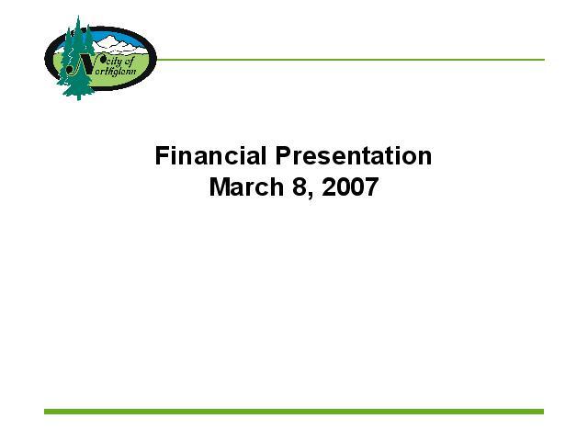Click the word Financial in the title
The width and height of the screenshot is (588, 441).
click(210, 155)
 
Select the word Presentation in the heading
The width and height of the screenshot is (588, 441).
click(354, 155)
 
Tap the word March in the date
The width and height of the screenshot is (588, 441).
click(246, 187)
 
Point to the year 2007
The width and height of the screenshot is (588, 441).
click(350, 187)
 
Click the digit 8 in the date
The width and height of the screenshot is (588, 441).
click(300, 187)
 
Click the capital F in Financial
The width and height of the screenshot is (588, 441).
click(162, 155)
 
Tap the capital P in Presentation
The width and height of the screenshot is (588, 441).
click(284, 155)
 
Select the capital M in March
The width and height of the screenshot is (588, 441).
click(220, 187)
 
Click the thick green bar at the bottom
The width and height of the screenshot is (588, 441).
click(294, 412)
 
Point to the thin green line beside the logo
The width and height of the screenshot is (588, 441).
click(350, 59)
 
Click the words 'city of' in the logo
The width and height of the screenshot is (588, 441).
click(119, 62)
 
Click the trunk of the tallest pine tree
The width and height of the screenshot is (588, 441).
click(78, 97)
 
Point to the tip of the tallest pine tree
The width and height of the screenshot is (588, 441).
click(78, 16)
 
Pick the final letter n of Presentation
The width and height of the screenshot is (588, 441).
click(425, 158)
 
